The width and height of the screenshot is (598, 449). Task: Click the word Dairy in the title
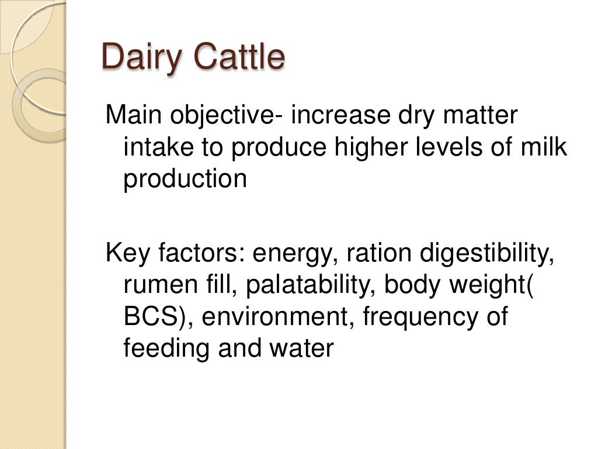coord(142,57)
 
